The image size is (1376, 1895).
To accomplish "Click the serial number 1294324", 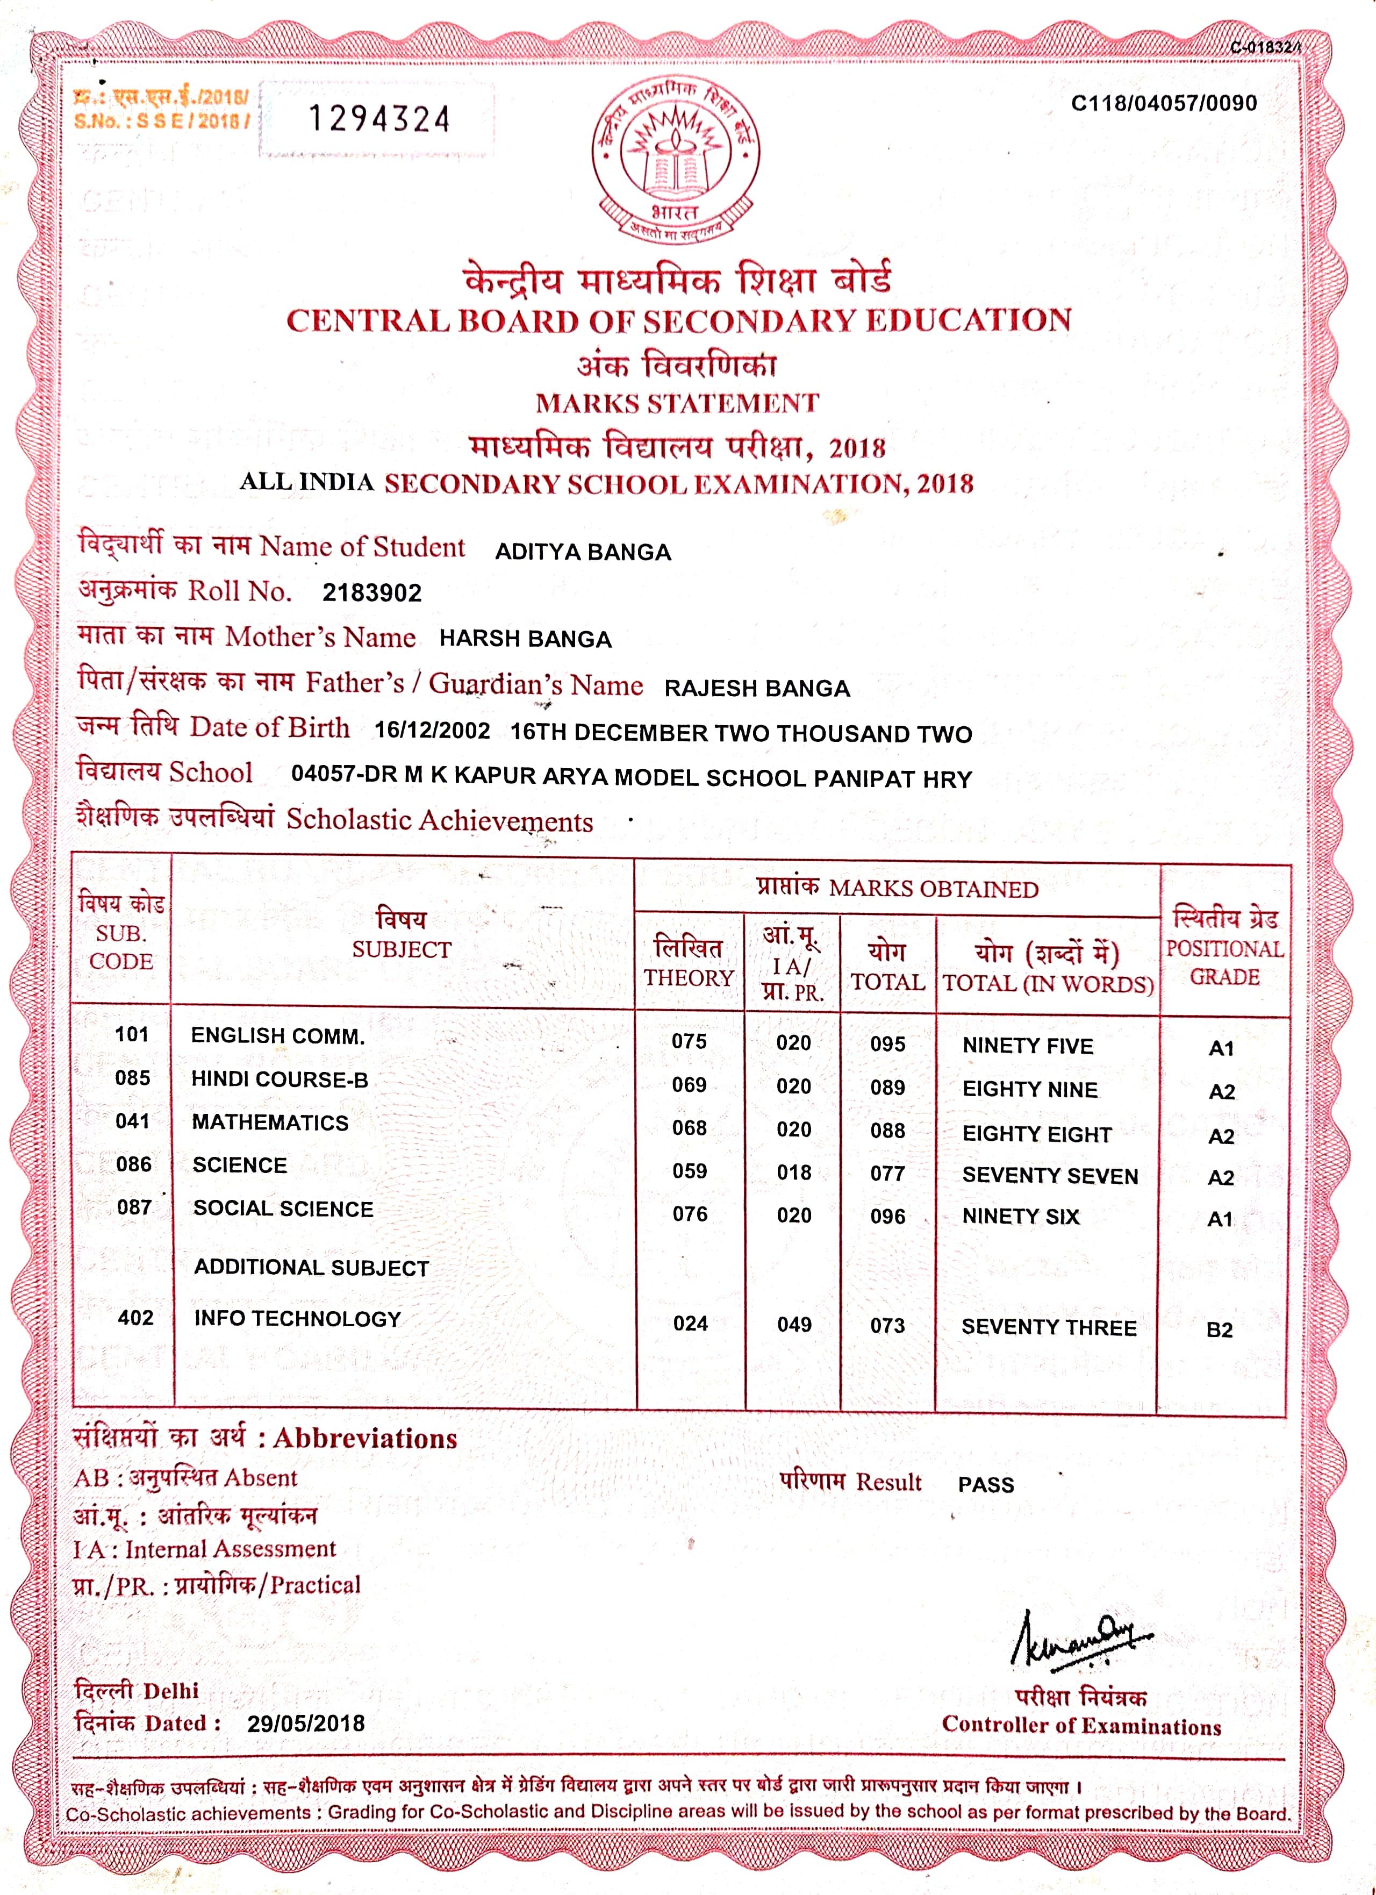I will tap(379, 119).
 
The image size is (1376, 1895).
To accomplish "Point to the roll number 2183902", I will tap(372, 593).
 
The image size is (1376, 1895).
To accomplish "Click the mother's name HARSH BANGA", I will tap(526, 639).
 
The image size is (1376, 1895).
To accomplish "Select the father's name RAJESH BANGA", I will tap(757, 689).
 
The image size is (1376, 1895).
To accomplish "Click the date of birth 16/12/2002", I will tap(432, 730).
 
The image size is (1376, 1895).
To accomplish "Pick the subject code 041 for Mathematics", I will tap(133, 1121).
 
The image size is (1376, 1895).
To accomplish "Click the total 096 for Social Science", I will tap(887, 1217).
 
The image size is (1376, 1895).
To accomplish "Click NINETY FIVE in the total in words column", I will tap(1028, 1046).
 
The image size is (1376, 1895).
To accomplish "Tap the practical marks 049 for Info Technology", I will tap(794, 1324).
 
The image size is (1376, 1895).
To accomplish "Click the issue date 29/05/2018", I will tap(306, 1723).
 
